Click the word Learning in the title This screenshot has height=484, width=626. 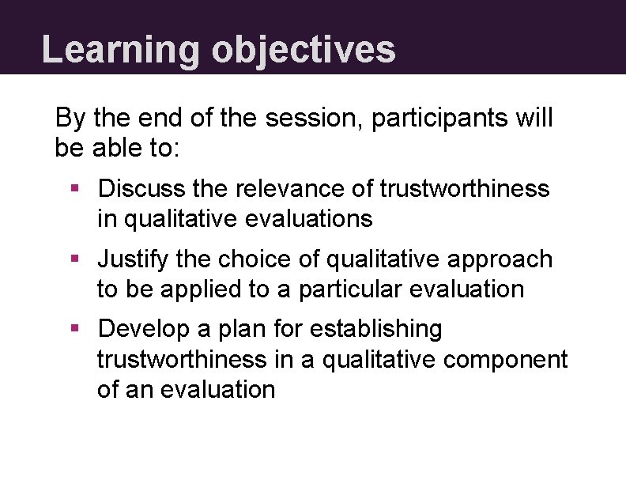pyautogui.click(x=120, y=49)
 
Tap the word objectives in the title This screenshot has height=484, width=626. pyautogui.click(x=303, y=49)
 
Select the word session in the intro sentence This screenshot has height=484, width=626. pyautogui.click(x=314, y=119)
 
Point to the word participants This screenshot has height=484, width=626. pyautogui.click(x=439, y=119)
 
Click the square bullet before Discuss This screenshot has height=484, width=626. pyautogui.click(x=74, y=189)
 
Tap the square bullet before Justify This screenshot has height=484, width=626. pyautogui.click(x=74, y=259)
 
